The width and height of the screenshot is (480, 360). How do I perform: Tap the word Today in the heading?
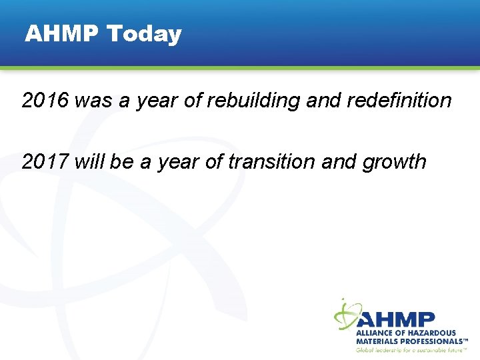(144, 34)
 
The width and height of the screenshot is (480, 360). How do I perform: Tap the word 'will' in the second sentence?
(89, 161)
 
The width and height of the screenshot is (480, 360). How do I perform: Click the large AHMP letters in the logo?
(397, 319)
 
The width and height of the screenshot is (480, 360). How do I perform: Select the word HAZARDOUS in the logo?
(429, 333)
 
